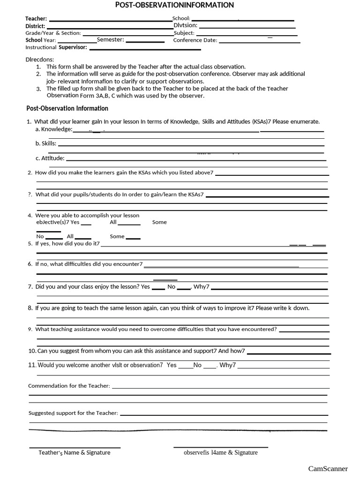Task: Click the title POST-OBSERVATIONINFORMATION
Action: coord(174,5)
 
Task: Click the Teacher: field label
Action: coord(36,19)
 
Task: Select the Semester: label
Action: coord(110,40)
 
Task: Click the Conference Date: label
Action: coord(195,40)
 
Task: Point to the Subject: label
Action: coord(184,33)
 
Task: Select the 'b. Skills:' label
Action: coord(46,143)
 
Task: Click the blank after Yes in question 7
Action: coord(158,287)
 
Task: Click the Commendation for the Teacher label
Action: coord(69,386)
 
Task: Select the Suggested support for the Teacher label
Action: coord(73,413)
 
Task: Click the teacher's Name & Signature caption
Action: coord(74,453)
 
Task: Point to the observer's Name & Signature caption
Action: coord(220,453)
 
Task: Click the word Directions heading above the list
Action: coord(40,60)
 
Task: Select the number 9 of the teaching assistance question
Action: coord(30,330)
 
